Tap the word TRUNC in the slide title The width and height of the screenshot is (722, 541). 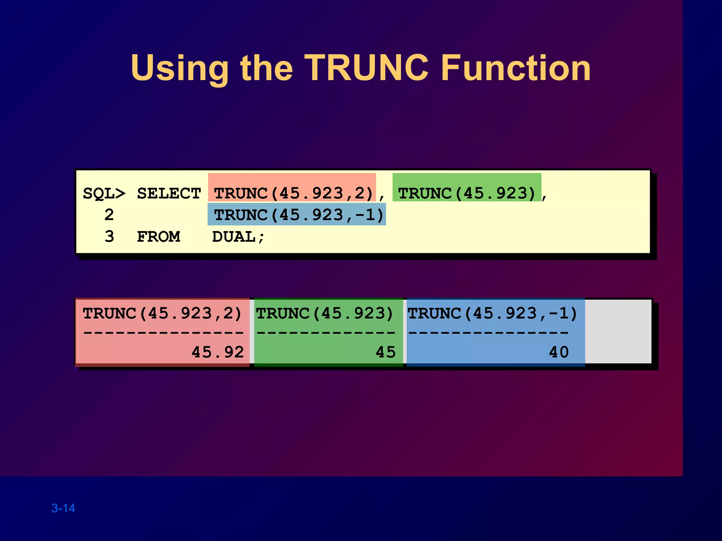(367, 68)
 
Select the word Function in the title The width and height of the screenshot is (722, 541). (516, 68)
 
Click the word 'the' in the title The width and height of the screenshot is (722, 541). (266, 68)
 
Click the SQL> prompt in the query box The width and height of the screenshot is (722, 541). (104, 194)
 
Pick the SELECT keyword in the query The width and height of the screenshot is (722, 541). (169, 194)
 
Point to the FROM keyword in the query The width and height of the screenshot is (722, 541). (158, 237)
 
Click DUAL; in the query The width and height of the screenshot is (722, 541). (238, 237)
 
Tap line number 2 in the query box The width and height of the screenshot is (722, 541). (109, 215)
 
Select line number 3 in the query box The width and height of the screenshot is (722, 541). (109, 237)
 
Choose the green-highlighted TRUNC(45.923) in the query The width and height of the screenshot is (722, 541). (467, 193)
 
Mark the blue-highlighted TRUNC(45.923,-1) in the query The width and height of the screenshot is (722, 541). (299, 215)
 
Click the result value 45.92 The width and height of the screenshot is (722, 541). (218, 352)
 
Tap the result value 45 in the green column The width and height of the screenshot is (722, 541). (385, 352)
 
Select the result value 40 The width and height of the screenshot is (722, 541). (559, 352)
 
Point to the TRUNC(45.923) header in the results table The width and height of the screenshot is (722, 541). (324, 313)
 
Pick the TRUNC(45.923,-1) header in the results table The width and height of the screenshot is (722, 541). (492, 313)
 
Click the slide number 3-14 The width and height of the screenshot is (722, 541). (63, 508)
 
